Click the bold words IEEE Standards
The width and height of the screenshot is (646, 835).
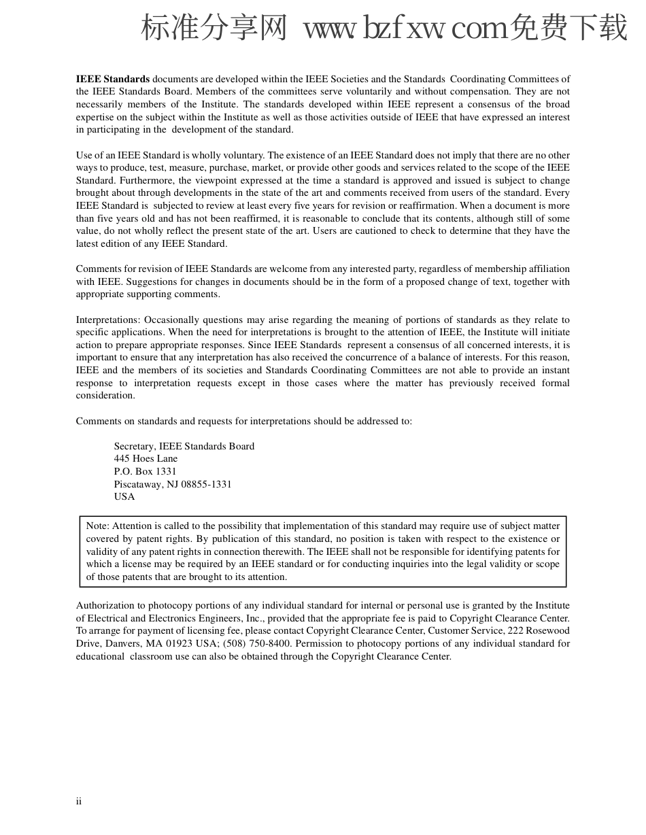pos(112,79)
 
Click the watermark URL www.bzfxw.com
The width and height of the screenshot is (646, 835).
pos(405,29)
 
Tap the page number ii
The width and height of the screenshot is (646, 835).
pos(79,801)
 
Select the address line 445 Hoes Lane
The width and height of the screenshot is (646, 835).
pos(146,459)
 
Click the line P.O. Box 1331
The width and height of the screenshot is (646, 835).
pos(145,471)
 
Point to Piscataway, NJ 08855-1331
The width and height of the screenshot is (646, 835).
pos(173,484)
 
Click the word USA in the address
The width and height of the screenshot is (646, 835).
pos(124,496)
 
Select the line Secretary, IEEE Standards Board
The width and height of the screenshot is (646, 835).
pos(184,446)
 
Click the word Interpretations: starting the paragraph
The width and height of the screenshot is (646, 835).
pos(108,320)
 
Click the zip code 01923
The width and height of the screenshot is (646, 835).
pos(190,643)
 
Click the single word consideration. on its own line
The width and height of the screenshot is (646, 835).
pos(105,396)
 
